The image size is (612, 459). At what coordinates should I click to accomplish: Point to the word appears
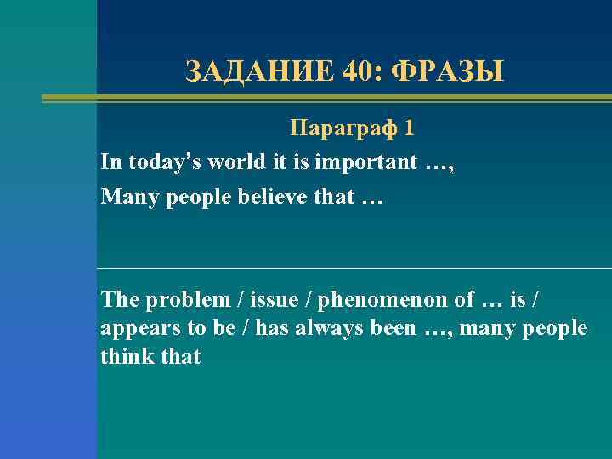point(135,328)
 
